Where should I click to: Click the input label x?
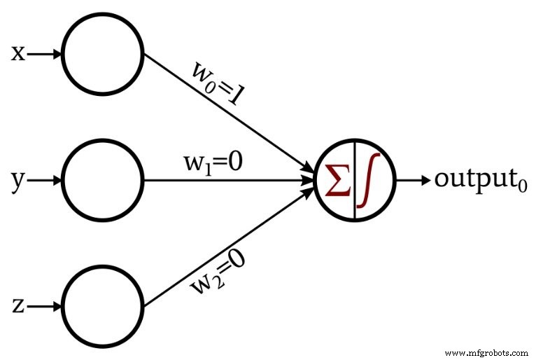click(x=18, y=54)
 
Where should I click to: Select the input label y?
click(x=18, y=181)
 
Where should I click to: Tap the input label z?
click(x=18, y=306)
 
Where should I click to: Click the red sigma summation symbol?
click(x=338, y=181)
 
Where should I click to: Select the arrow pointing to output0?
click(x=412, y=180)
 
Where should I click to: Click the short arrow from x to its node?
click(x=45, y=54)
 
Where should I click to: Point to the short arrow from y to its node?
click(x=45, y=180)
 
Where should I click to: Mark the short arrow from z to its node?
click(x=45, y=306)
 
